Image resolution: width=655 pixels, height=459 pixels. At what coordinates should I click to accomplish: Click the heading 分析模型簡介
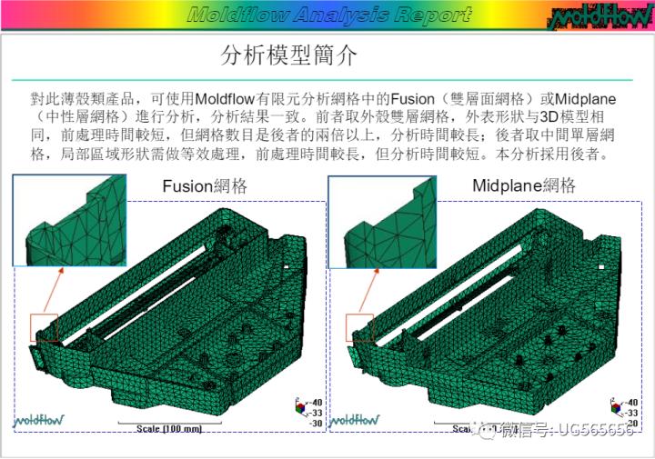coord(289,55)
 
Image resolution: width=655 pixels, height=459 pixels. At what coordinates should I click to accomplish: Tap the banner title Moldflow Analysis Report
coord(328,15)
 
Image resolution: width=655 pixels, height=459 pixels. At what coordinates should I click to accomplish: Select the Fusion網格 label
coord(205,186)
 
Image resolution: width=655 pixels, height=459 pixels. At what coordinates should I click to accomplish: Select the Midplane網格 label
coord(524,186)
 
